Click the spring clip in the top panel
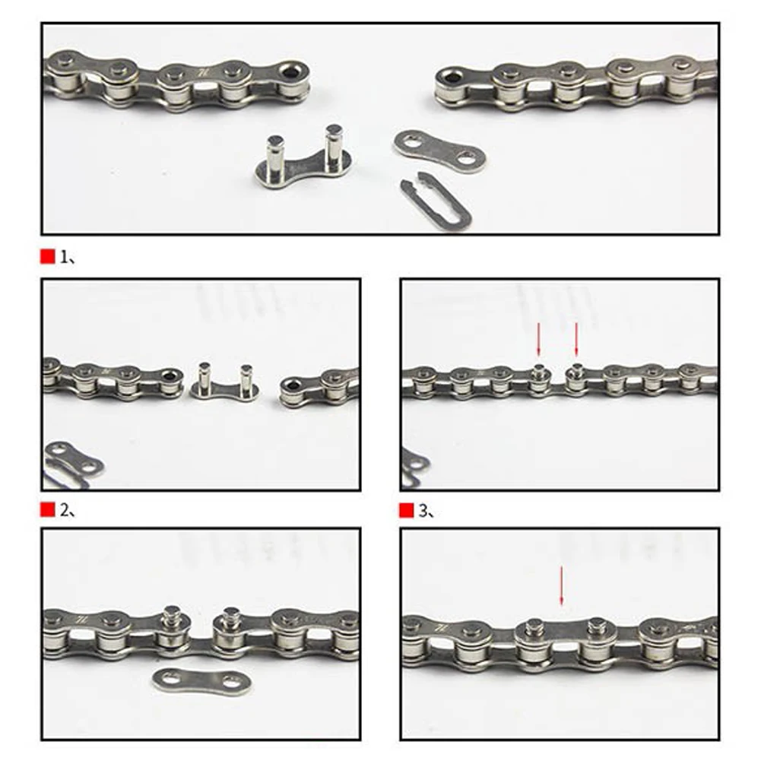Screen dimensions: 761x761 coord(436,203)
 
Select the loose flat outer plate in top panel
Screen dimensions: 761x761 coord(439,150)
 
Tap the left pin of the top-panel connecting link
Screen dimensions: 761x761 coord(275,155)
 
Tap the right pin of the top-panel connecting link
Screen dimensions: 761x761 coord(333,144)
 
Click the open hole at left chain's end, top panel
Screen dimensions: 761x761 coord(290,73)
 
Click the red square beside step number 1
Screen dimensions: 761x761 coord(48,258)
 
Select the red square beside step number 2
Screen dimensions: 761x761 coord(48,510)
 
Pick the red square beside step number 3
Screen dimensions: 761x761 coord(407,510)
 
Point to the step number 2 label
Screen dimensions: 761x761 coord(67,510)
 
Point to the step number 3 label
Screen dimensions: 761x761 coord(426,510)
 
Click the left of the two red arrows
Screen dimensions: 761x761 coord(539,339)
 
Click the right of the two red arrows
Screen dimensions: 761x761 coord(576,339)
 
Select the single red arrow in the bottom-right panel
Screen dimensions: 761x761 coord(562,585)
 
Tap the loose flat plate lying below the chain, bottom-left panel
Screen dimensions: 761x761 coord(191,678)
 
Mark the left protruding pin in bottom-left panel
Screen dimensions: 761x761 coord(173,617)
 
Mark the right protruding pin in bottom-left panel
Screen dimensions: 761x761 coord(227,617)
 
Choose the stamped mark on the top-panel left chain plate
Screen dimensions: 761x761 coord(203,71)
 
